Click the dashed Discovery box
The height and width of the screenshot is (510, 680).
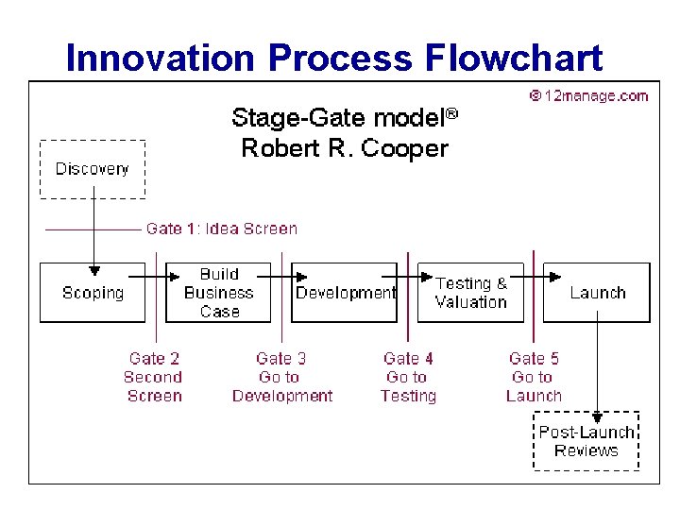tap(93, 169)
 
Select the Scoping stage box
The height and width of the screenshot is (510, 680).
tap(93, 293)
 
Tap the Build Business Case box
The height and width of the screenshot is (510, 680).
tap(219, 293)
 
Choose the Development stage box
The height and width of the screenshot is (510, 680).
tap(345, 293)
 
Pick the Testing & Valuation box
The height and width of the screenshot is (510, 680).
tap(470, 293)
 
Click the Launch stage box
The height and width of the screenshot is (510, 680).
tap(597, 293)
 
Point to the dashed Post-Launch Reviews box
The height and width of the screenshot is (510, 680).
tap(586, 441)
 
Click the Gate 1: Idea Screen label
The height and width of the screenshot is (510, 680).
tap(221, 229)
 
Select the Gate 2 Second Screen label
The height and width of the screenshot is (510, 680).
tap(154, 377)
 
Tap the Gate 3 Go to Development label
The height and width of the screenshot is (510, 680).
tap(281, 377)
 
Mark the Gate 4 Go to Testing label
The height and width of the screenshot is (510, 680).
tap(408, 377)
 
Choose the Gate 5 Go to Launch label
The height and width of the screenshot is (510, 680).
tap(534, 377)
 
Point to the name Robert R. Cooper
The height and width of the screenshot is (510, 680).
tap(344, 148)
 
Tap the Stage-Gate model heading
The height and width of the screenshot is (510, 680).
tap(344, 118)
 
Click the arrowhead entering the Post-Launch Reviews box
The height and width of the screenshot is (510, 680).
tap(597, 416)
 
